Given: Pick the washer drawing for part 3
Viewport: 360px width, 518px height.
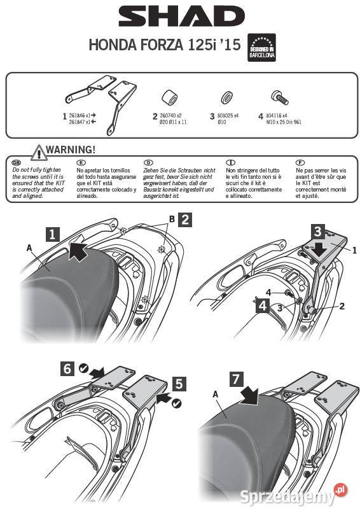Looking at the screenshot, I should tap(225, 99).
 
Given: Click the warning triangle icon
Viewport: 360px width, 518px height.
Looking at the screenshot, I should tap(39, 152).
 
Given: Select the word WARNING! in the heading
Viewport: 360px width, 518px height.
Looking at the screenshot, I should tap(71, 150).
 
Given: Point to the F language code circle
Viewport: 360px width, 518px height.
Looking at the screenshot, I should tap(300, 163).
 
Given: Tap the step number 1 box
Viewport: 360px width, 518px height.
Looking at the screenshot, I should tap(54, 234).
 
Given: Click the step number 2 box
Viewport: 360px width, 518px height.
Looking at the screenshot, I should tap(184, 220).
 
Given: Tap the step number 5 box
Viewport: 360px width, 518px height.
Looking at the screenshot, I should tap(180, 383).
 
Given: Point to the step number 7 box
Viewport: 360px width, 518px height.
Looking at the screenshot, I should tap(236, 379).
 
